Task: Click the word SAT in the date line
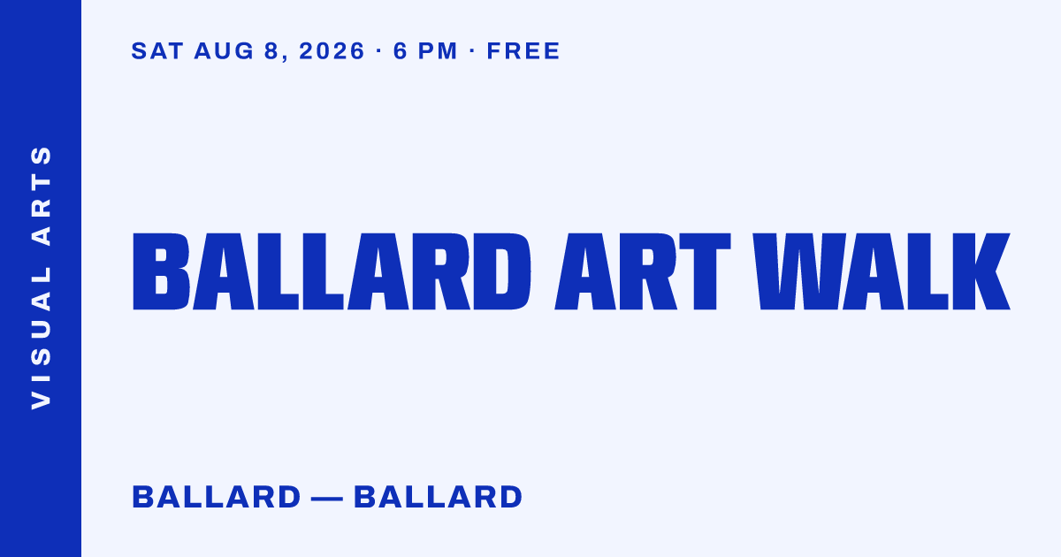click(x=157, y=51)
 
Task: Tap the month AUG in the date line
click(x=224, y=51)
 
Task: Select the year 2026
click(x=332, y=51)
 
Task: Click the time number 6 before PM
click(x=401, y=51)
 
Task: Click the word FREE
click(x=523, y=51)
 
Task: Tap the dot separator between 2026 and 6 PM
click(x=378, y=50)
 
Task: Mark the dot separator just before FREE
click(x=472, y=50)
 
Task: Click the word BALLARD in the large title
click(x=332, y=271)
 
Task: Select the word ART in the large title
click(x=643, y=271)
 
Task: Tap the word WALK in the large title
click(x=882, y=271)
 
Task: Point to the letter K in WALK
click(x=981, y=271)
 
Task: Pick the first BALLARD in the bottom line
click(x=217, y=497)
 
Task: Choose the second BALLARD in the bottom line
click(x=439, y=497)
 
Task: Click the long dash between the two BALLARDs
click(x=327, y=499)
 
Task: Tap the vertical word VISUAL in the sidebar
click(x=42, y=337)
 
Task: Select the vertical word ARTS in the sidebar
click(x=42, y=195)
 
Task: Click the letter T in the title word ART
click(x=705, y=271)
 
